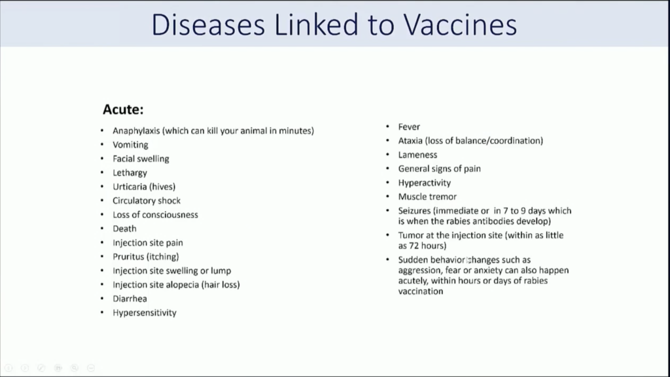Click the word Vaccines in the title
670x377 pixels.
(x=460, y=25)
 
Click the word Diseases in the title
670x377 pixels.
(x=208, y=25)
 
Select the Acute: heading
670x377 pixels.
(x=123, y=110)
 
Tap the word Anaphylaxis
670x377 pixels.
(x=136, y=131)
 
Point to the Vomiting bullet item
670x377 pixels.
(x=130, y=145)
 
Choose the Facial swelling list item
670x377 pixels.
(x=141, y=159)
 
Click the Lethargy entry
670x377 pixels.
(x=130, y=172)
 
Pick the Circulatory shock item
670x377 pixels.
(x=147, y=201)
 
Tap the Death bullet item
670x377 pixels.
(x=124, y=229)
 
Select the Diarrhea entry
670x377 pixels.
(x=130, y=299)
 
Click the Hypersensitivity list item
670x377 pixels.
(x=145, y=313)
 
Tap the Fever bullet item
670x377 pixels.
(x=409, y=127)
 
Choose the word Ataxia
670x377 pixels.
(x=410, y=140)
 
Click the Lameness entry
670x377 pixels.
(x=417, y=155)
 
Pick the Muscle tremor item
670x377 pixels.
(x=427, y=197)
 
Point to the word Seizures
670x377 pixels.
(x=414, y=210)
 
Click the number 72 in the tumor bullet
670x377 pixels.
(x=414, y=246)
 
